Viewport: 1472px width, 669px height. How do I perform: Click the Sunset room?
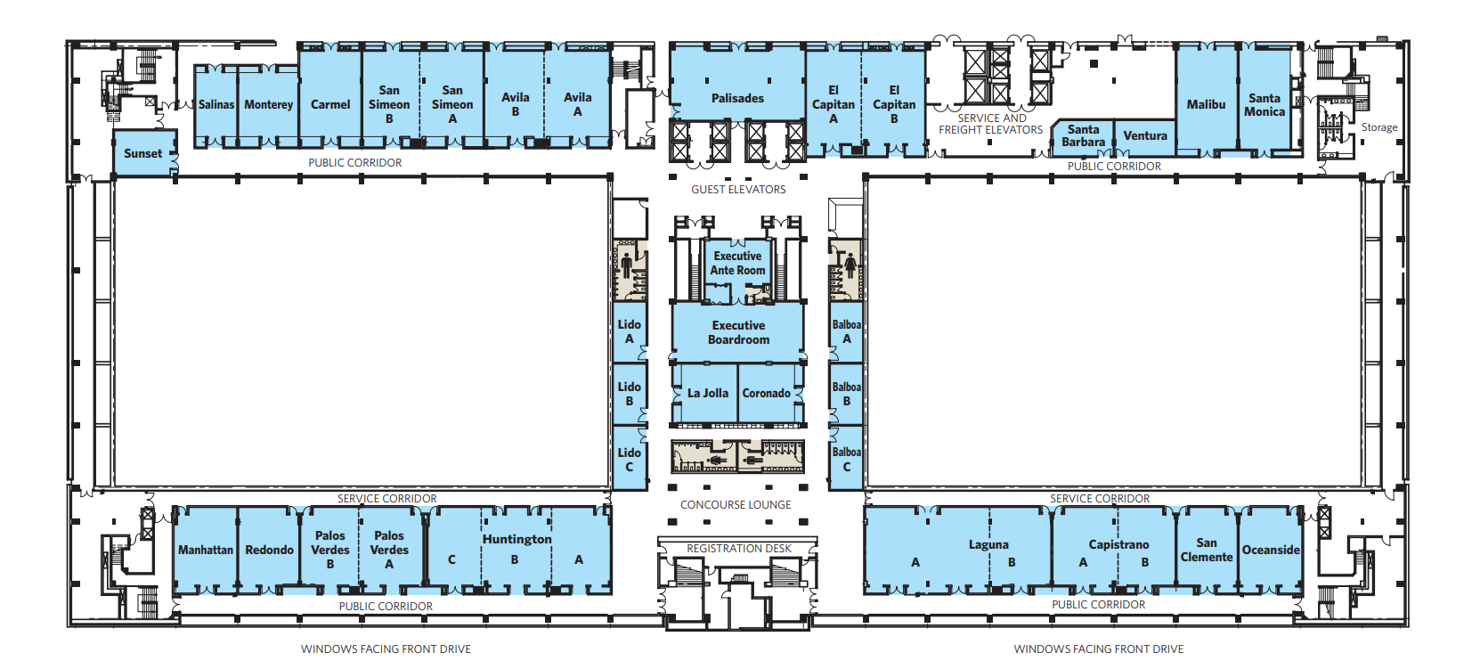click(144, 152)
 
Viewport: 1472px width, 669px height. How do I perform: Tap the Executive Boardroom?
click(738, 332)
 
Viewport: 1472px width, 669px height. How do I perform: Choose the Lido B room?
click(630, 394)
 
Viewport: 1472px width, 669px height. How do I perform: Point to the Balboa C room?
click(846, 458)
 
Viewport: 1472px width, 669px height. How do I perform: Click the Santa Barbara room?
click(1083, 136)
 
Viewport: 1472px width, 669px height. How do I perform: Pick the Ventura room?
click(1145, 136)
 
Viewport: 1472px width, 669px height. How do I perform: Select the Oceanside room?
click(1270, 550)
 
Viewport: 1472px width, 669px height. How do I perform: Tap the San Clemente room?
click(1207, 550)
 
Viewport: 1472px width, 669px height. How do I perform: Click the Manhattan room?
click(205, 550)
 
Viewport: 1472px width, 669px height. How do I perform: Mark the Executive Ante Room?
click(737, 263)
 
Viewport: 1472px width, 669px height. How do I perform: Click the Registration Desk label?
click(738, 548)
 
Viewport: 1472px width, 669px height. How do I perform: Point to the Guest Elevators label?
click(738, 189)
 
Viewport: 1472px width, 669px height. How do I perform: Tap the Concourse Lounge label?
click(736, 505)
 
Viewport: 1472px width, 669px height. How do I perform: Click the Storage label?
click(1379, 127)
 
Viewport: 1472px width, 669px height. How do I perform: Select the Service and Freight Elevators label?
click(991, 124)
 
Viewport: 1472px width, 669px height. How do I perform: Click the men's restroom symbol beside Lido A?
click(626, 265)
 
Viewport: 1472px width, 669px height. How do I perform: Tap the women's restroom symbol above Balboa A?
click(851, 267)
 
